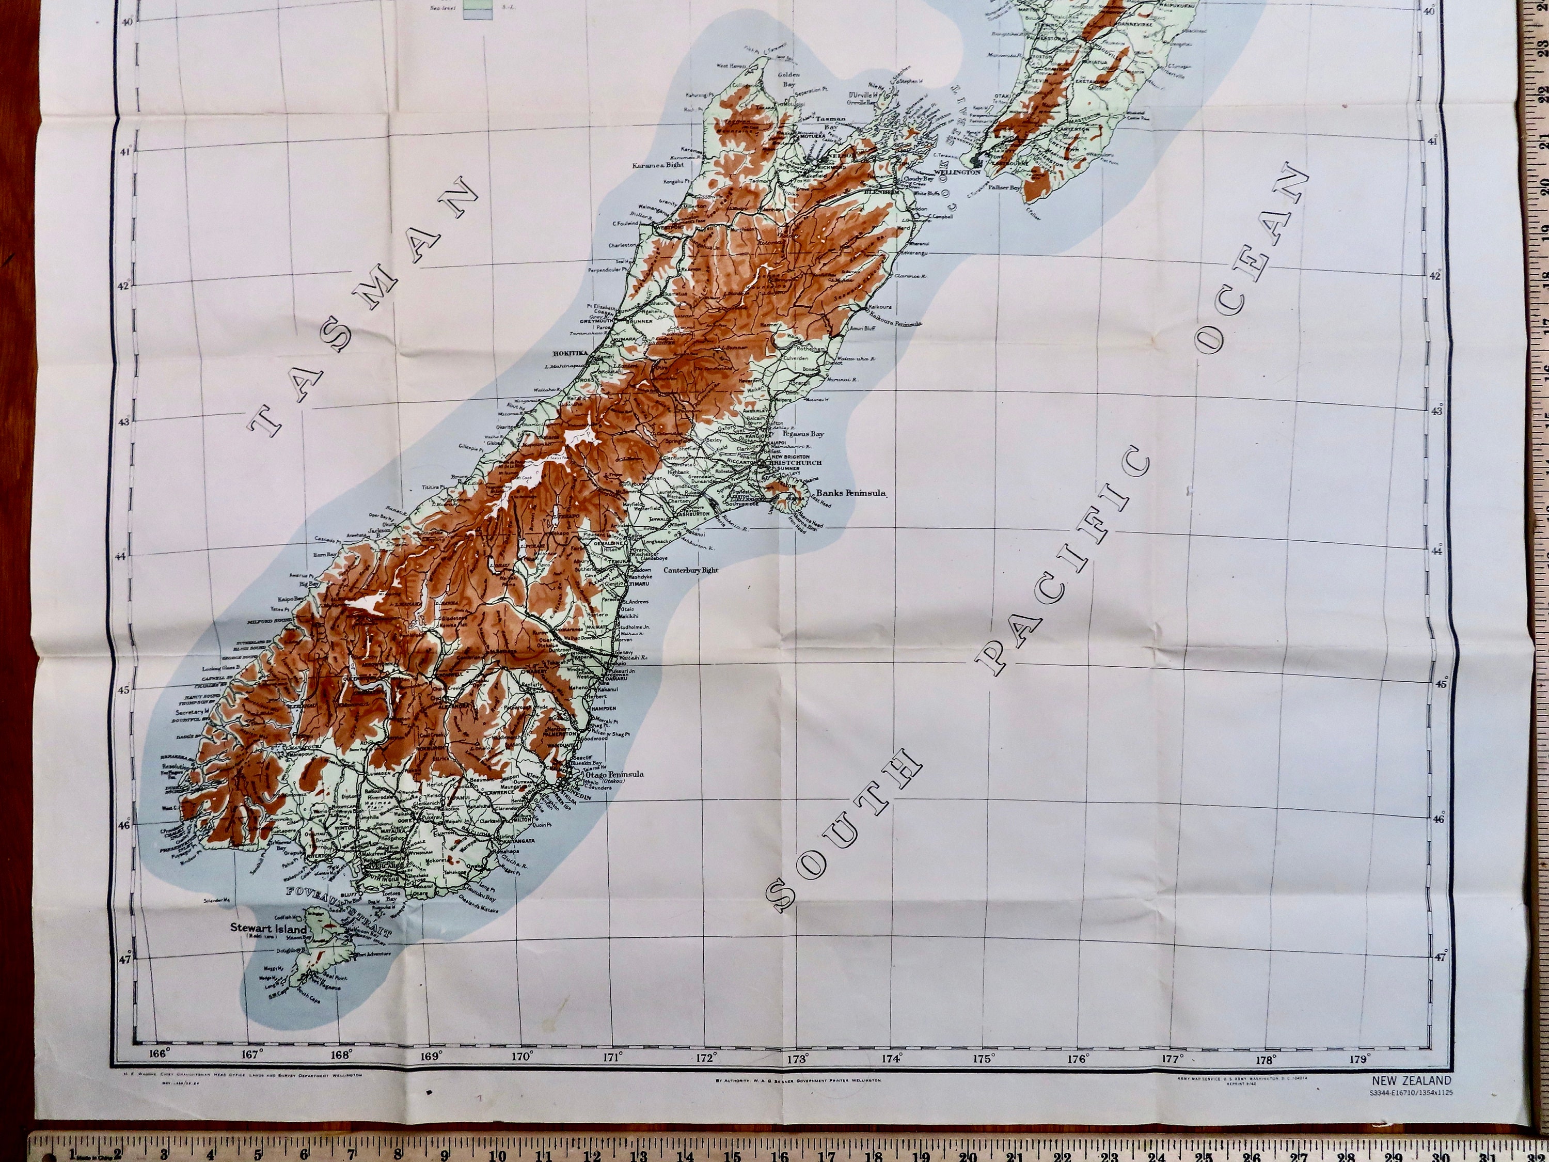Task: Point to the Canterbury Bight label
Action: [x=691, y=570]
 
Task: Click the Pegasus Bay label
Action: [x=803, y=434]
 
